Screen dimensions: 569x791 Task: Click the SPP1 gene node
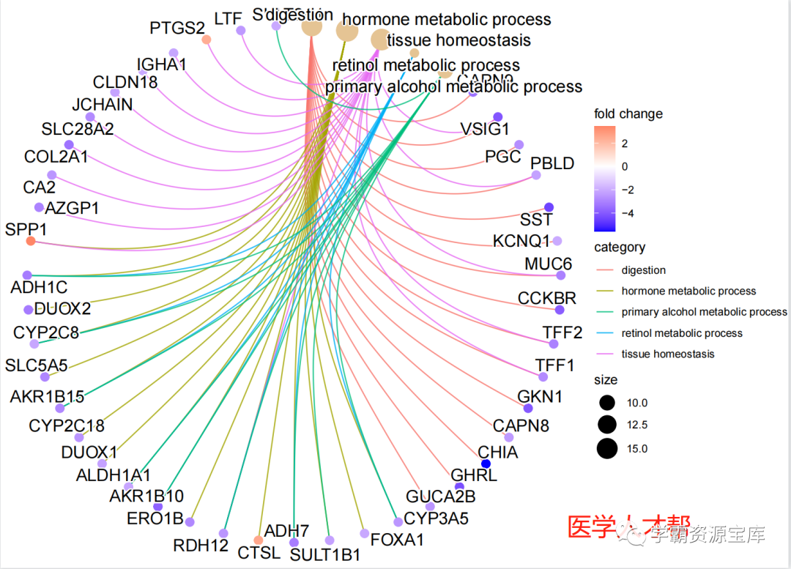click(31, 241)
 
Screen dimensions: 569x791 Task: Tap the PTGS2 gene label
click(177, 28)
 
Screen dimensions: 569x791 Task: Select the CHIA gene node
click(485, 464)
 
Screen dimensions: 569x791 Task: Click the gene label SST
click(536, 219)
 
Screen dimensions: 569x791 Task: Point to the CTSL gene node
click(258, 540)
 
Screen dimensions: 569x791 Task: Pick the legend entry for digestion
click(644, 270)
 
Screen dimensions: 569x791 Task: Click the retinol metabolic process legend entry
click(682, 333)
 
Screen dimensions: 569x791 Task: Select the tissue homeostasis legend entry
click(668, 354)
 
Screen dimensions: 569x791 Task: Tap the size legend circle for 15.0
click(606, 448)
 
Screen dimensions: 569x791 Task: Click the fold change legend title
click(628, 114)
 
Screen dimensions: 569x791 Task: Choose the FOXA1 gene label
click(398, 540)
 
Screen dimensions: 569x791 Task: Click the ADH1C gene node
click(27, 275)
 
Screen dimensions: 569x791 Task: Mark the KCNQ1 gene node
click(557, 241)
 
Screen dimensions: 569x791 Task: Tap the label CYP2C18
click(67, 425)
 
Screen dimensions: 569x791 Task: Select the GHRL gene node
click(459, 486)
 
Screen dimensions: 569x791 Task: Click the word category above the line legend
click(620, 248)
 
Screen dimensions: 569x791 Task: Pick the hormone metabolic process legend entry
click(688, 291)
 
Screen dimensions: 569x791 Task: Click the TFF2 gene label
click(562, 332)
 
